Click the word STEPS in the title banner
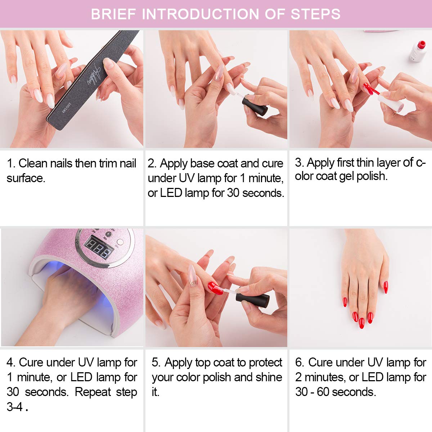tap(315, 14)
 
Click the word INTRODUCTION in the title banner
tap(201, 14)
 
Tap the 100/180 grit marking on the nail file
tap(67, 108)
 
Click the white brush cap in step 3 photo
tap(391, 103)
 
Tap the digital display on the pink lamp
tap(98, 247)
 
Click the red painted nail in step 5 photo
tap(215, 288)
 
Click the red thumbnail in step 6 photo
tap(386, 287)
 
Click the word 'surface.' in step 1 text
tap(26, 178)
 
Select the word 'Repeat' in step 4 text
tap(93, 392)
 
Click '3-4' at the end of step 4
tap(15, 407)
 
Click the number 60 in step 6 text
tap(324, 392)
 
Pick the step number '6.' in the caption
tap(300, 362)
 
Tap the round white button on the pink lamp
tap(120, 242)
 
